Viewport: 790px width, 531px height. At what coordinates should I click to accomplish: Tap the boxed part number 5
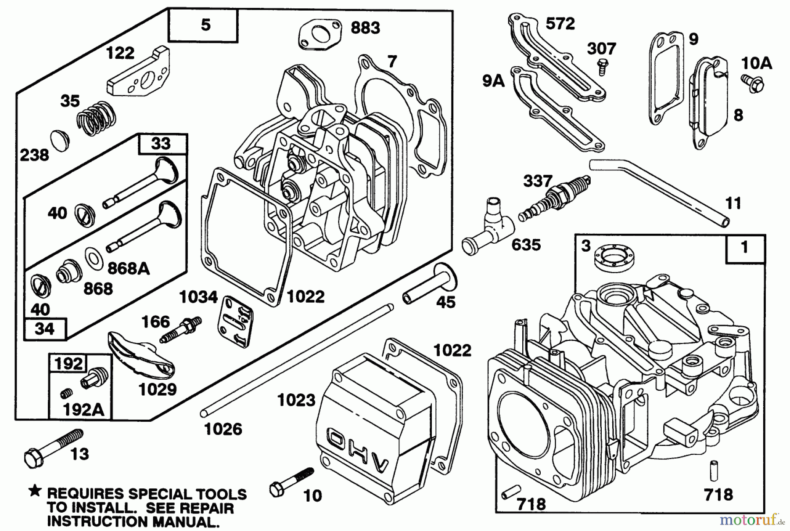205,25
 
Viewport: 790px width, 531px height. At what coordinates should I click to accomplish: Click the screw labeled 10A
754,83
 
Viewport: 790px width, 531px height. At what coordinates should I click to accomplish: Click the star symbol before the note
35,492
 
